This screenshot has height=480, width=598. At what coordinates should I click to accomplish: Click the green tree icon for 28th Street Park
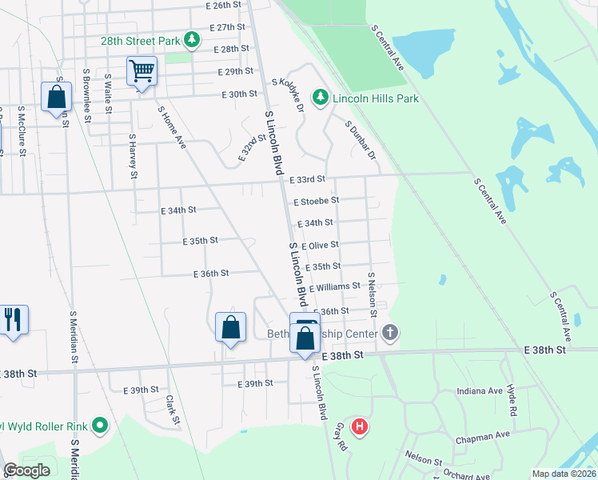click(x=191, y=38)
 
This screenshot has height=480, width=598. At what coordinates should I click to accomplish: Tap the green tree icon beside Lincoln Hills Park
click(x=320, y=98)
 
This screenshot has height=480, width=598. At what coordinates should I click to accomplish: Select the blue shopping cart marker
click(x=142, y=71)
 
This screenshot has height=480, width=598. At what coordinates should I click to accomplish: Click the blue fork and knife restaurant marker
click(x=13, y=319)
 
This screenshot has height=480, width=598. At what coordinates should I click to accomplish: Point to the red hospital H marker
click(x=360, y=427)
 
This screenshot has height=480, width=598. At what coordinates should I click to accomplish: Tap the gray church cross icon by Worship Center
click(x=389, y=333)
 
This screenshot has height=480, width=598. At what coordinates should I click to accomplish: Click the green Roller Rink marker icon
click(x=100, y=425)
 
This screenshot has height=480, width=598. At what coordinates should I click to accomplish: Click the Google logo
click(x=26, y=470)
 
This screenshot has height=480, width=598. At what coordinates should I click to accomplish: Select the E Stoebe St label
click(x=316, y=201)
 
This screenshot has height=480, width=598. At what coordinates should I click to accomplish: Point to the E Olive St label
click(x=320, y=245)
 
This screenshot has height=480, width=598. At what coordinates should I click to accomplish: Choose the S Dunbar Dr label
click(x=360, y=139)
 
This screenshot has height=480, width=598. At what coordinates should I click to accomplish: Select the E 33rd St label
click(x=308, y=179)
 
